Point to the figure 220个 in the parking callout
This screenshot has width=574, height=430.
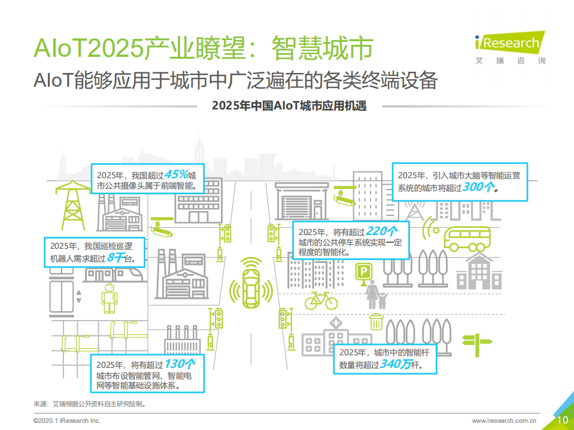[381, 231]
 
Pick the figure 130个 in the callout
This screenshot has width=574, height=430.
[180, 363]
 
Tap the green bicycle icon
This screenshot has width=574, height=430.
[321, 300]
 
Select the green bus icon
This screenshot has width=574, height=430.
[466, 238]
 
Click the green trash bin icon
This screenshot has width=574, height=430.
[376, 322]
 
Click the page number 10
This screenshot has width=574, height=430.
[563, 420]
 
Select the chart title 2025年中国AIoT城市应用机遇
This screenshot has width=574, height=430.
[289, 106]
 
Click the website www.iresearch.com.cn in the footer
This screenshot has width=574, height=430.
[504, 420]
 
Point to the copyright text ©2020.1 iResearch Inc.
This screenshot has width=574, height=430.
[66, 420]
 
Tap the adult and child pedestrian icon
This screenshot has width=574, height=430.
[375, 295]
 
